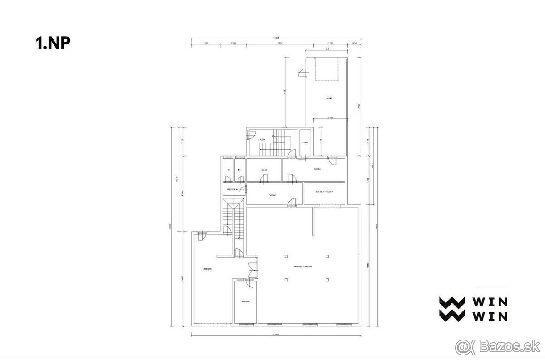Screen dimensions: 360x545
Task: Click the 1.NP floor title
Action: point(53,43)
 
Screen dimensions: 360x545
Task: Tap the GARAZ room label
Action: point(328,98)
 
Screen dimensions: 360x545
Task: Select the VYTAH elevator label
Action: point(305,143)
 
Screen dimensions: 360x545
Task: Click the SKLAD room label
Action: point(264,170)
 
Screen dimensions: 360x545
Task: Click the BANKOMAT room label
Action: point(245,301)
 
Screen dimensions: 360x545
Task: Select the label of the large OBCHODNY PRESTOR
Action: point(302,266)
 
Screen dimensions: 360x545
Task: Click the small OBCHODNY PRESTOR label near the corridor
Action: point(324,192)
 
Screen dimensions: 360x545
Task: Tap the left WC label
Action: point(228,170)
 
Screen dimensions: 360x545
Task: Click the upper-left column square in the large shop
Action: point(286,256)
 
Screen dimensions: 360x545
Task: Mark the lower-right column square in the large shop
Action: point(327,280)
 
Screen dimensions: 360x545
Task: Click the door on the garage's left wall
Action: point(302,72)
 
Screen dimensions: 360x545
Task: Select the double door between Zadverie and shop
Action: point(253,271)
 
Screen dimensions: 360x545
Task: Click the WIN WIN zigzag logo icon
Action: point(451,309)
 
